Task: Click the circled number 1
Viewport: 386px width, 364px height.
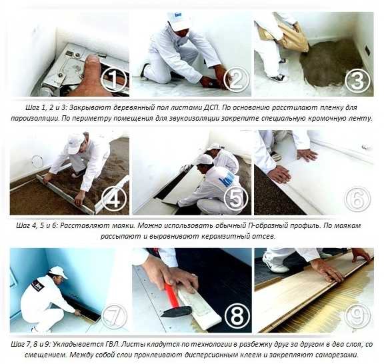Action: (113, 79)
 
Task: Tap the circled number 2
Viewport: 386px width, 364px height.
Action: (235, 79)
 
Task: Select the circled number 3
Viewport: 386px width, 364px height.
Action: (357, 79)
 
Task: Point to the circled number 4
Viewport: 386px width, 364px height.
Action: (114, 199)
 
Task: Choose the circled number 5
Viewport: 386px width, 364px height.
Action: (235, 198)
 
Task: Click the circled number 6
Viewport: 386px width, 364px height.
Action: (357, 199)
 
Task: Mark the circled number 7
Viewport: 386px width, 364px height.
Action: (114, 316)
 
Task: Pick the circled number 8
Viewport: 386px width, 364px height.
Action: (236, 316)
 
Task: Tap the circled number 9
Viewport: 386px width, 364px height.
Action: (358, 316)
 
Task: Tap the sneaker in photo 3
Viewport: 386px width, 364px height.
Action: (278, 78)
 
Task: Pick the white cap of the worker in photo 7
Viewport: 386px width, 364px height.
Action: (59, 272)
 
